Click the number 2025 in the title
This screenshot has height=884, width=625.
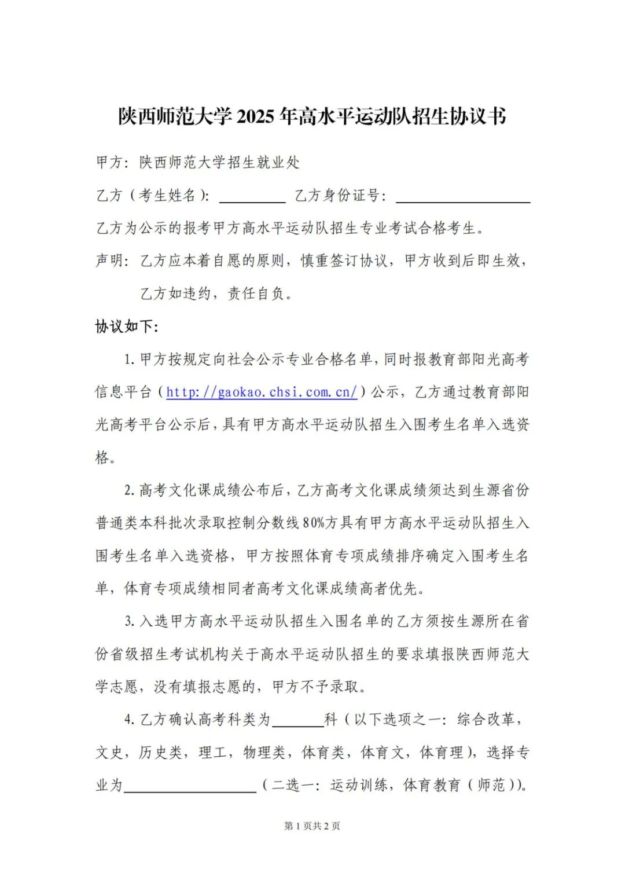(255, 116)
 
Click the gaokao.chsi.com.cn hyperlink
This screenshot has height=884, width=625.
(262, 392)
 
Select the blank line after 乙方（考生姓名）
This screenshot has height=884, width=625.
(252, 197)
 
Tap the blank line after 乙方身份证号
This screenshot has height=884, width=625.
(463, 197)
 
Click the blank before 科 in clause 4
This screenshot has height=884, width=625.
(297, 721)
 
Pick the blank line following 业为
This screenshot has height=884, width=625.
(190, 786)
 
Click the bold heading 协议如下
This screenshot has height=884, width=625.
(126, 327)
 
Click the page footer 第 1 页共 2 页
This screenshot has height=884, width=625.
(312, 826)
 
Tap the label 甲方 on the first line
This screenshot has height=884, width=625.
(109, 163)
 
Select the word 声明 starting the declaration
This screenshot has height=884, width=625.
(109, 261)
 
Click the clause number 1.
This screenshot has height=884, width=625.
(128, 360)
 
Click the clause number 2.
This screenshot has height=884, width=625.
(128, 490)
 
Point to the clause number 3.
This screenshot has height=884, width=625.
(128, 622)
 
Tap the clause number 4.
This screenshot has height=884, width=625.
(128, 720)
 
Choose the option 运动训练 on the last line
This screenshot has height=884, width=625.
(359, 786)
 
